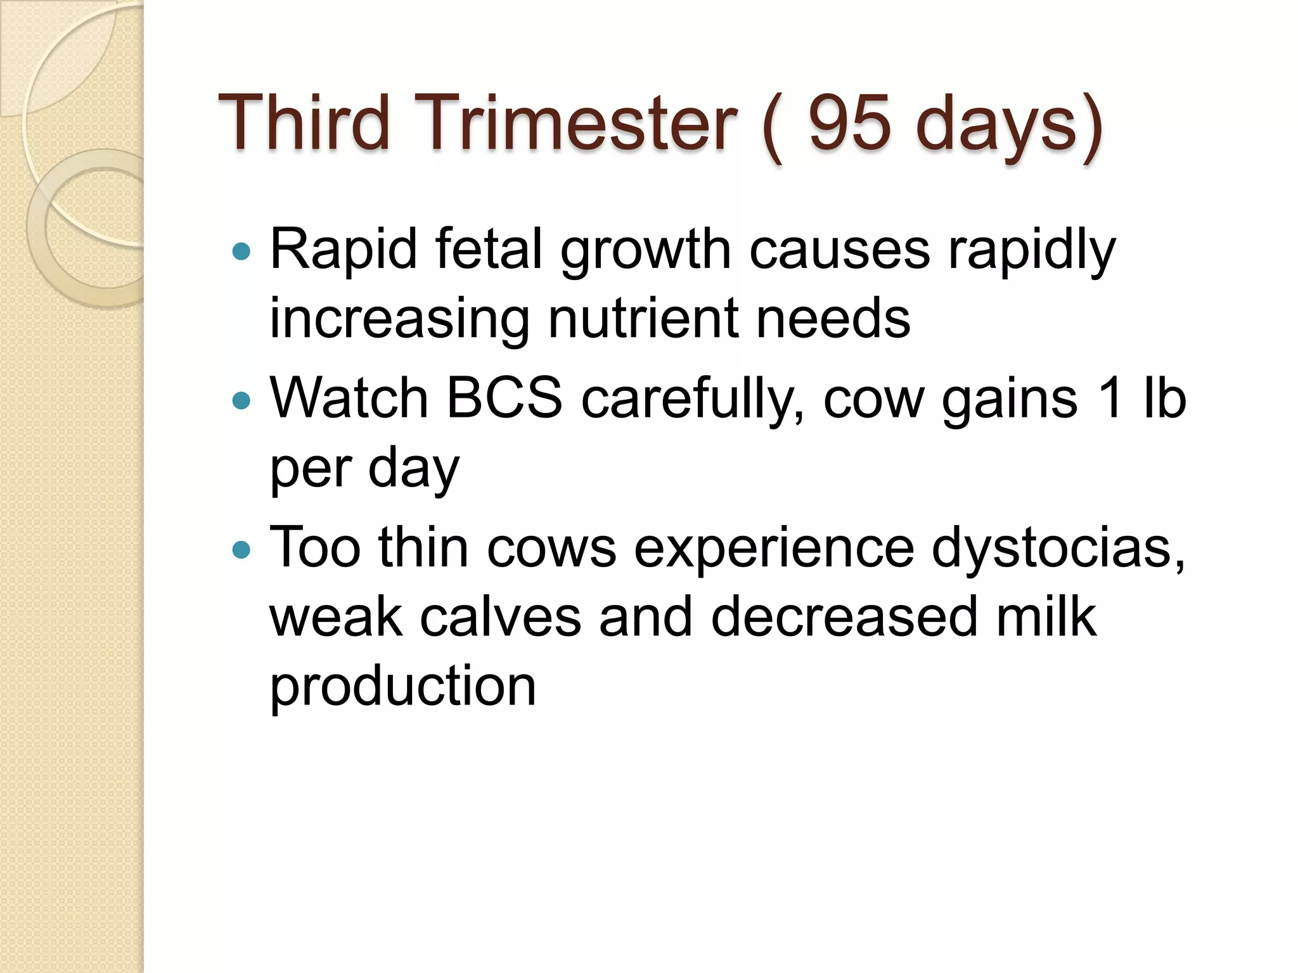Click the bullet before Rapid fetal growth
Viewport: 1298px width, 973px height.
pyautogui.click(x=241, y=252)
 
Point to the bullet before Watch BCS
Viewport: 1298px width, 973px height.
pyautogui.click(x=241, y=400)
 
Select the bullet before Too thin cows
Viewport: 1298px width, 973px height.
pyautogui.click(x=241, y=549)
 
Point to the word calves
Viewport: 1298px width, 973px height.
pyautogui.click(x=500, y=618)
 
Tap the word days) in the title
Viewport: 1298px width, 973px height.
pyautogui.click(x=1008, y=124)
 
